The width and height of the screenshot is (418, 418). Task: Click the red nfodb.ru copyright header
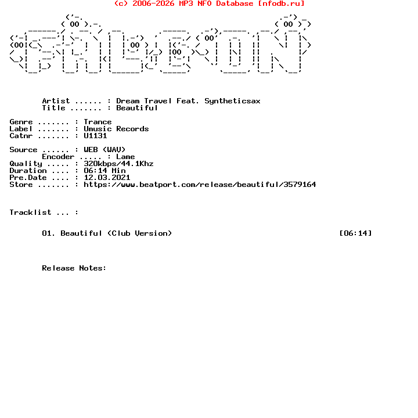(x=209, y=3)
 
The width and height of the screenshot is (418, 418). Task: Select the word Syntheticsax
(x=232, y=101)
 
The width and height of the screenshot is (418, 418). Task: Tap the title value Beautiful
(x=137, y=108)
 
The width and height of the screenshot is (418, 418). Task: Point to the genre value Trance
(x=98, y=122)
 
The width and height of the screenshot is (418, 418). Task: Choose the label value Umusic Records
(x=116, y=129)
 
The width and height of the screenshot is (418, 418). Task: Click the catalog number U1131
(x=95, y=136)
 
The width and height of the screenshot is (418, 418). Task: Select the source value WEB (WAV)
(x=105, y=150)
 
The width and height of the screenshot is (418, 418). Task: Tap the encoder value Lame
(x=125, y=157)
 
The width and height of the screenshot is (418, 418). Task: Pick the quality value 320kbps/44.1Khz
(x=118, y=164)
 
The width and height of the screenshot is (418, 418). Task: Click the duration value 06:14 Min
(x=105, y=171)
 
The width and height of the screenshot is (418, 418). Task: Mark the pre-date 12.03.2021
(x=107, y=178)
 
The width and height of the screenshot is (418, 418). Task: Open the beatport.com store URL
(x=200, y=185)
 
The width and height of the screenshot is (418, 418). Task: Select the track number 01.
(x=49, y=233)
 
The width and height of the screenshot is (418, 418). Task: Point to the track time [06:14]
(x=355, y=233)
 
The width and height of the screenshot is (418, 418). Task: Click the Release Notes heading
(x=74, y=268)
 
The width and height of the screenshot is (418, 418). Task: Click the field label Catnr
(x=21, y=136)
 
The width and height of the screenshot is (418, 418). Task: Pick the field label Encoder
(x=58, y=157)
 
